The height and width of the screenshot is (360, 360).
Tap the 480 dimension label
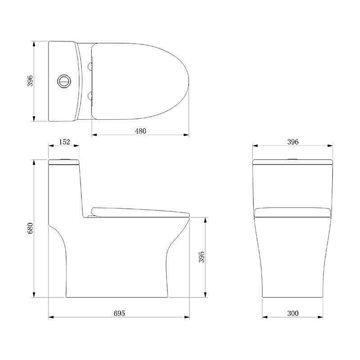(x=141, y=131)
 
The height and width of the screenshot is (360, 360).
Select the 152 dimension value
(x=64, y=142)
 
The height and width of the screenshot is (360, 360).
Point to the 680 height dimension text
(x=30, y=228)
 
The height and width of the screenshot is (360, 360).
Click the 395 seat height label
(x=202, y=257)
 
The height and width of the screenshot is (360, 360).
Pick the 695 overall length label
(x=119, y=313)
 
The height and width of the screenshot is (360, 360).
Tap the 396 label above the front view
(x=293, y=142)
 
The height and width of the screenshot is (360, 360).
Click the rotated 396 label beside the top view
(x=30, y=81)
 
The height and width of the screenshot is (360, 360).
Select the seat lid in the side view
(x=140, y=211)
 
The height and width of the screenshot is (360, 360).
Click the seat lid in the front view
(x=293, y=212)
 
